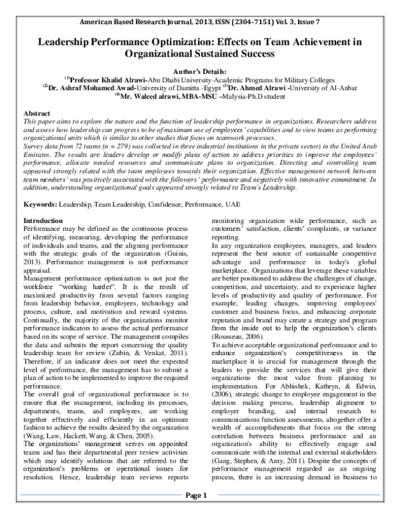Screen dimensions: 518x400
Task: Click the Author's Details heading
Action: coord(199,70)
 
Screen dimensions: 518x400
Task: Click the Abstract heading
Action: coord(37,115)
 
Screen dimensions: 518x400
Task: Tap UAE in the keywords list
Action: coord(229,202)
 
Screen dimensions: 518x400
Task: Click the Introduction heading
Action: coord(43,220)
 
